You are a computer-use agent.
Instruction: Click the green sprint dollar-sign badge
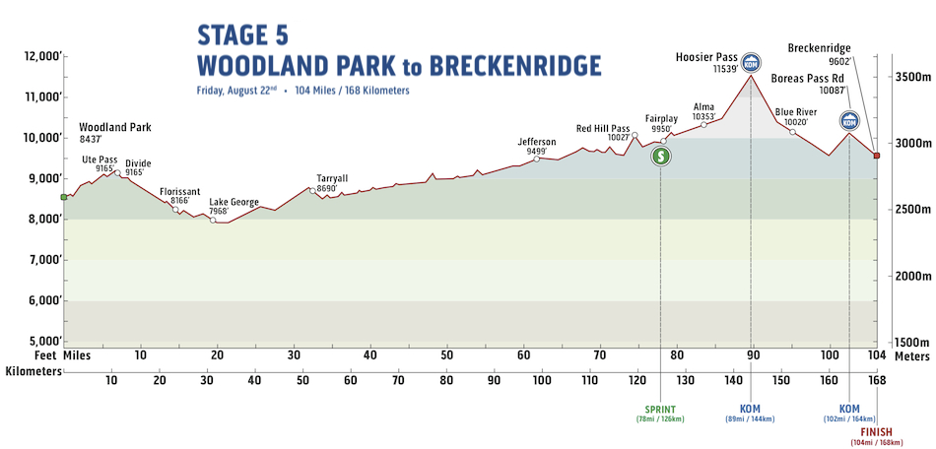coord(662,156)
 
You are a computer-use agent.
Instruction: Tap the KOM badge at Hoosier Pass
coord(752,62)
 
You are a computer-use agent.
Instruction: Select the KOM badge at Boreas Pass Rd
coord(849,122)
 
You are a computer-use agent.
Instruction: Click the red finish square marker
coord(876,156)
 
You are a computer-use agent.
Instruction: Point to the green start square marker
coord(63,197)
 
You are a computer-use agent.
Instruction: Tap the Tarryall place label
coord(332,178)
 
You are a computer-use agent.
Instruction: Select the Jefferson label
coord(536,142)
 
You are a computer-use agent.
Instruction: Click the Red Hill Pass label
coord(602,128)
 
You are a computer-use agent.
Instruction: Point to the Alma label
coord(703,106)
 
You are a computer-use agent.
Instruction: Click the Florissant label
coord(179,191)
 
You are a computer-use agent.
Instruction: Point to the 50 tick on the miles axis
coord(446,354)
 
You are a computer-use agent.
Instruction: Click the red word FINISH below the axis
coord(876,432)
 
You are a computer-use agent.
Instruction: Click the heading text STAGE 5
coord(242,35)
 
